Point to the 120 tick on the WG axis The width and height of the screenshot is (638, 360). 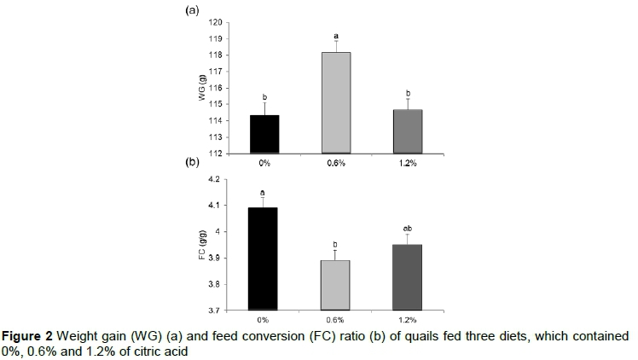(x=217, y=22)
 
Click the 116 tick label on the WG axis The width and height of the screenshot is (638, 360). (x=217, y=88)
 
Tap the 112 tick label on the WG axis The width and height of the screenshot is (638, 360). (x=217, y=154)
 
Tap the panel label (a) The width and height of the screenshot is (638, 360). (x=192, y=11)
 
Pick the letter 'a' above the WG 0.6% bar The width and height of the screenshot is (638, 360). (x=336, y=37)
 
